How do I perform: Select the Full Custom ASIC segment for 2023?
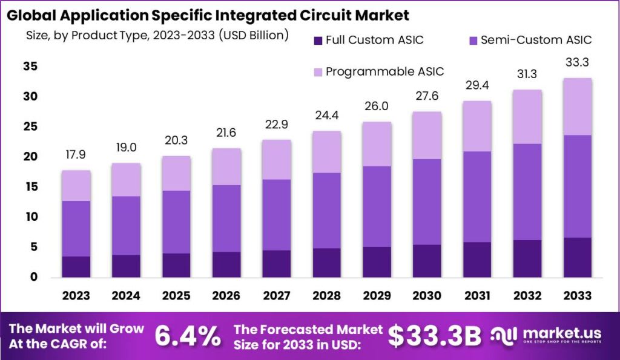click(76, 267)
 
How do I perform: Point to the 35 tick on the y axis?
click(30, 67)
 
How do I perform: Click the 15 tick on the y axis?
click(30, 187)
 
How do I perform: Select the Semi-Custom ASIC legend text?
click(536, 41)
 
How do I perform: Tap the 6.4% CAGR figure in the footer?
click(188, 336)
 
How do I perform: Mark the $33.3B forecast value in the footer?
click(434, 336)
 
